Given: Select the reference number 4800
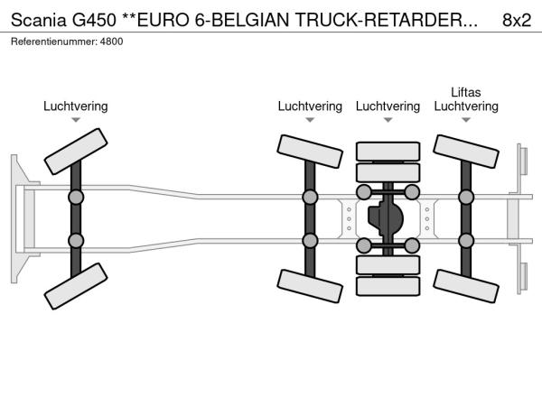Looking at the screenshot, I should (111, 42).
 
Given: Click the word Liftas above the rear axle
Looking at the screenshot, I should (466, 92).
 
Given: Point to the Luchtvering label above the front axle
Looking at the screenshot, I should (75, 106).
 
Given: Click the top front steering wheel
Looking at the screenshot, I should (75, 150).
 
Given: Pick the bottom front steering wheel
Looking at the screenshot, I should (75, 287).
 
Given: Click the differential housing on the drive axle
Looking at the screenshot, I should (387, 218).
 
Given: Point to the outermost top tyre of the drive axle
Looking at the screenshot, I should (388, 150).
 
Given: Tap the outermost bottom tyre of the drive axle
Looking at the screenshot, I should (388, 287).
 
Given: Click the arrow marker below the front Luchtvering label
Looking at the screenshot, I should (76, 120).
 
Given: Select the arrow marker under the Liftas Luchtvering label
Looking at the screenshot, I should (466, 120).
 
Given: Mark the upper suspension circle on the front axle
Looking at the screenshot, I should (76, 197).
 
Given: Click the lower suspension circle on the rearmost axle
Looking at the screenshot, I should (466, 240).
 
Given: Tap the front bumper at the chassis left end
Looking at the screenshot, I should (17, 218).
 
